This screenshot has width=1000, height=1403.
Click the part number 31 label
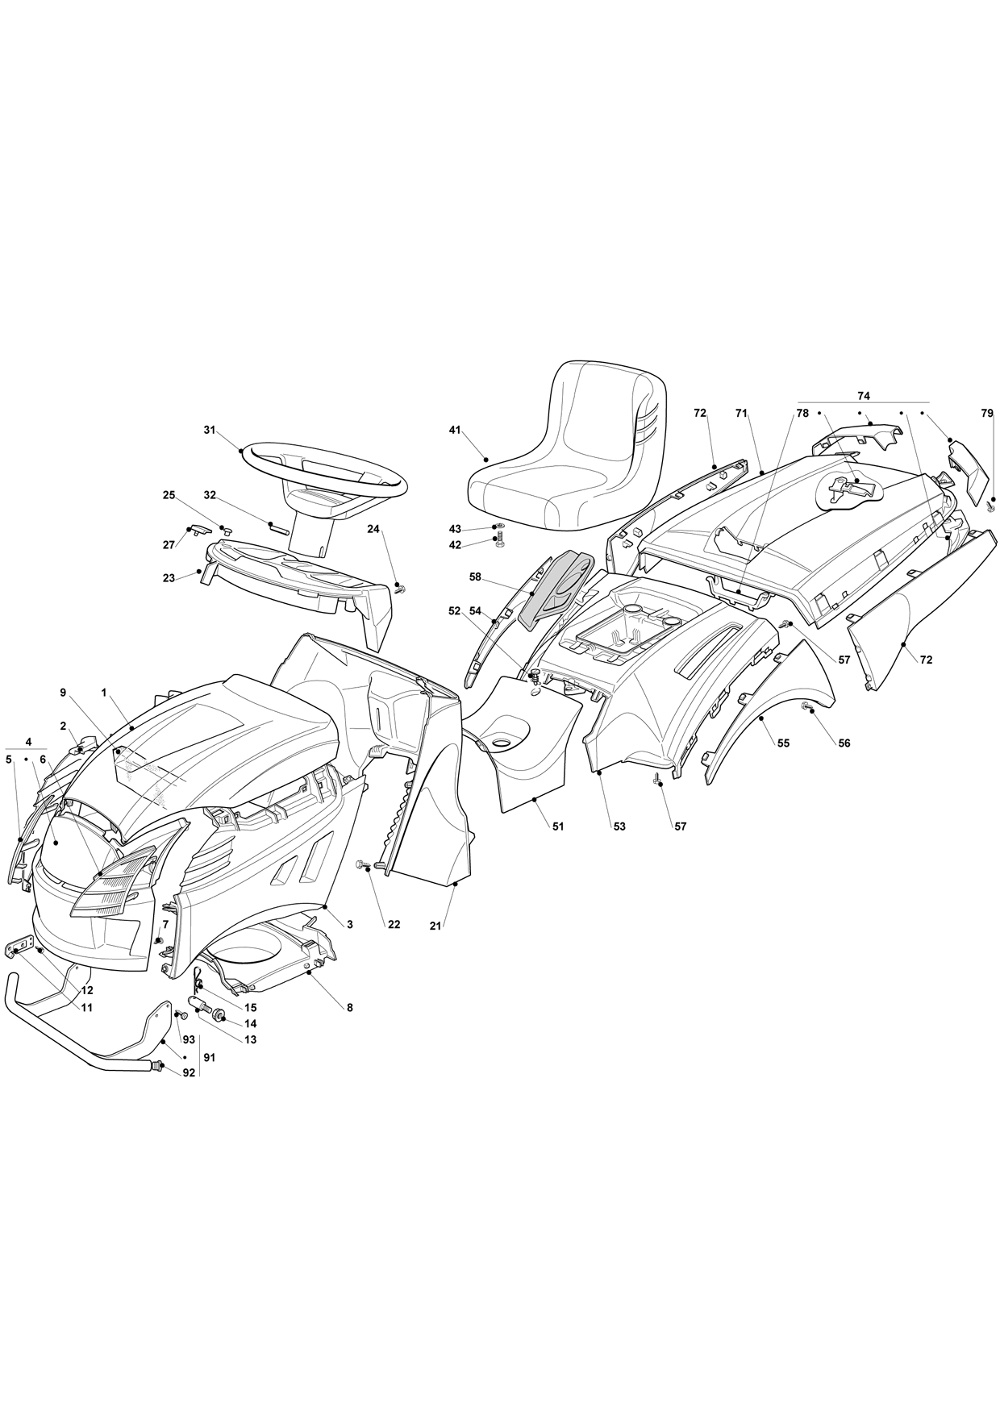210,431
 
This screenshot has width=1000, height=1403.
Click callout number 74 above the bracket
864,396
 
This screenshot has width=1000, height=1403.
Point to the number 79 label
987,413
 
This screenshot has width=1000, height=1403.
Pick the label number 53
619,826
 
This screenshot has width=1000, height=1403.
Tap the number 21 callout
435,926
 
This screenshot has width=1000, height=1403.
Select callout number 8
349,1007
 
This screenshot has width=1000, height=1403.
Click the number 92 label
189,1073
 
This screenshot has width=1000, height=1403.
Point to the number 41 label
455,431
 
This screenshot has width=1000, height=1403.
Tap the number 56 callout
844,743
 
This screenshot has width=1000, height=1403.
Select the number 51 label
557,826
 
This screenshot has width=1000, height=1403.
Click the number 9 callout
62,692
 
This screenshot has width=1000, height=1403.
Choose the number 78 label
802,413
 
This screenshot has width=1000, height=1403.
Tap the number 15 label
250,1008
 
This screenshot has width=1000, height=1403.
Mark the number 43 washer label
455,528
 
